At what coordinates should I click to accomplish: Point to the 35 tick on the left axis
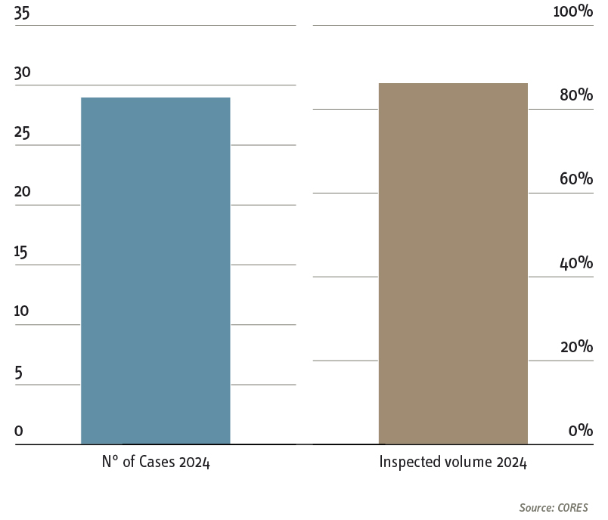[22, 13]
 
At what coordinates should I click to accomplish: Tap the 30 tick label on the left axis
[22, 73]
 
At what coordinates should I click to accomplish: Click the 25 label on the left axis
[22, 133]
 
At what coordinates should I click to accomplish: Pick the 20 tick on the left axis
[22, 192]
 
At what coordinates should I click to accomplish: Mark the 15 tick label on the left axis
[21, 252]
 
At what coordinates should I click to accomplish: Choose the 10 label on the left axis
[21, 311]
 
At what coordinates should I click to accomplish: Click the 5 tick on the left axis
[19, 372]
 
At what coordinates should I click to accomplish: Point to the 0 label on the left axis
[19, 432]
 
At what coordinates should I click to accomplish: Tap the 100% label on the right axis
[573, 11]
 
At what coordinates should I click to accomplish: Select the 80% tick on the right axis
[575, 95]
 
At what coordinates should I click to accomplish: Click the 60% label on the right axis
[575, 179]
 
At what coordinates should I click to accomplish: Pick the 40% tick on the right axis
[575, 263]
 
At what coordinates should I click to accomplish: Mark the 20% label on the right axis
[575, 347]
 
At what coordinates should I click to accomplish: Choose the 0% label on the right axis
[580, 431]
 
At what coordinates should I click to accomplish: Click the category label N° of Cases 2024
[156, 463]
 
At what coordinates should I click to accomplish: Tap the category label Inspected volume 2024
[453, 463]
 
